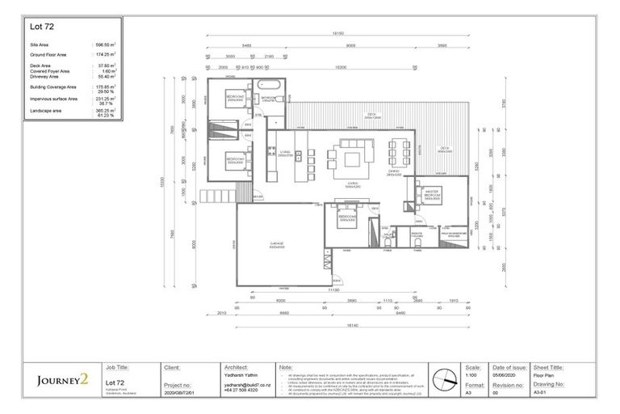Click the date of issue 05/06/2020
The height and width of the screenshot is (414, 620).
pos(505,375)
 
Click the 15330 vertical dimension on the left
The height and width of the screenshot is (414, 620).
pos(162,184)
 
